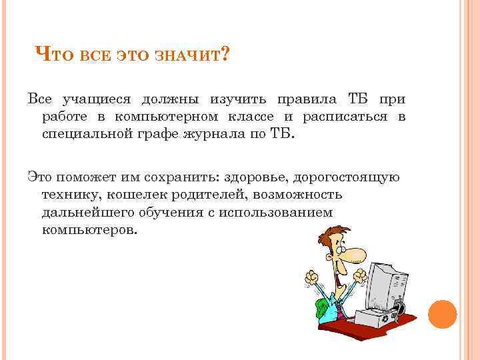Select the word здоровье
tap(249, 177)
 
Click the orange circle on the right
tap(442, 313)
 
